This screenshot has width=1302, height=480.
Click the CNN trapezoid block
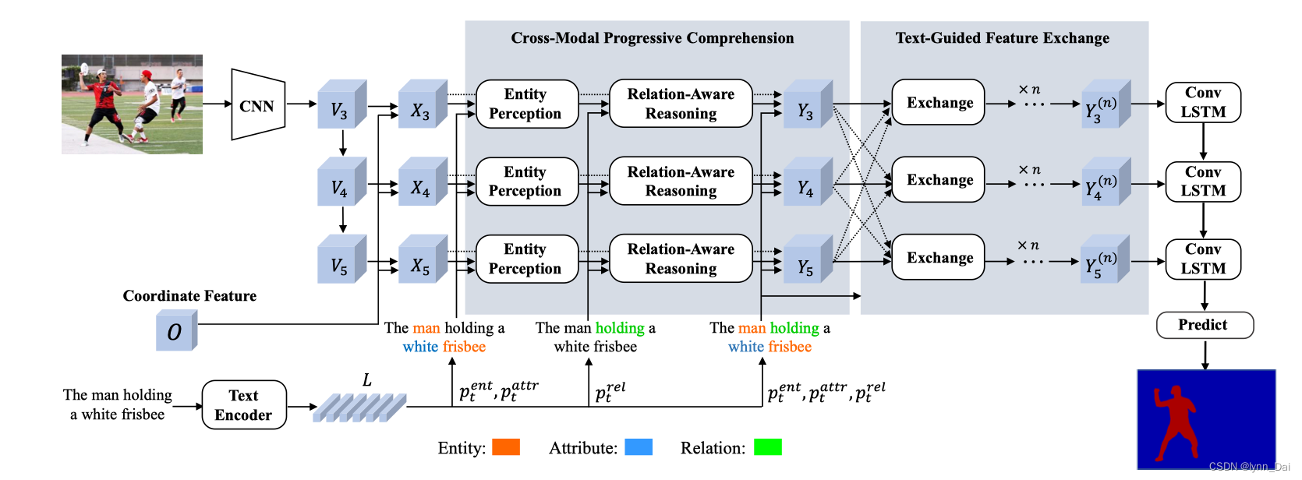pos(257,105)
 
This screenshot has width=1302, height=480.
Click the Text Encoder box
pos(244,405)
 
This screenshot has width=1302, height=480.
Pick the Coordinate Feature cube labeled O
pos(175,331)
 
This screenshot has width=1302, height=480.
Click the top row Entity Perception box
pos(526,104)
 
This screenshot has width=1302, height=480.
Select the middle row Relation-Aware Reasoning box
pos(681,182)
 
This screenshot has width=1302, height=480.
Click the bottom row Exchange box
pos(939,258)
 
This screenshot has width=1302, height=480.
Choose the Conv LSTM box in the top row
pos(1202,102)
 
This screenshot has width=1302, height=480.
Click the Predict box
pos(1204,325)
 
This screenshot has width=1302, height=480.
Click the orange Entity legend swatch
pos(506,447)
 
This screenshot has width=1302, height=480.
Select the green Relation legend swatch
pos(767,447)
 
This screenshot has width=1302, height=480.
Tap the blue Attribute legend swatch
pos(639,447)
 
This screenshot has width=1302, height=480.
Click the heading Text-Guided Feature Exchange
pos(1002,38)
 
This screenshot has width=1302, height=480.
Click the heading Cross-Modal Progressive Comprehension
pos(652,38)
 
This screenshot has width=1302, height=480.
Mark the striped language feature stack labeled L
pos(359,407)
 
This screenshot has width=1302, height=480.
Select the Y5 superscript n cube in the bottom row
pos(1104,262)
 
